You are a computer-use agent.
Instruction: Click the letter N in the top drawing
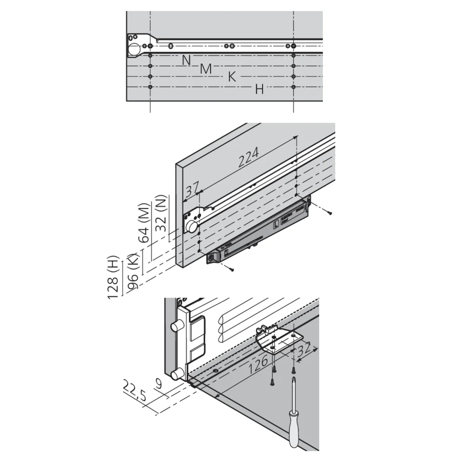[x=186, y=60]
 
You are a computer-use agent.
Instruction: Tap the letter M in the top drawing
[x=206, y=69]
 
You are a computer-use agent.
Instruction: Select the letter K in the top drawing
[x=232, y=77]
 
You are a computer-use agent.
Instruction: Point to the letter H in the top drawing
[x=259, y=89]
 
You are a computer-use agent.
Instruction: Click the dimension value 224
[x=249, y=157]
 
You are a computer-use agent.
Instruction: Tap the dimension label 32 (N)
[x=162, y=213]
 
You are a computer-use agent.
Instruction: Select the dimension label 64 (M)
[x=144, y=223]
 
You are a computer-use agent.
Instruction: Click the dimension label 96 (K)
[x=132, y=271]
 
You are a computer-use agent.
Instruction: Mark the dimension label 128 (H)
[x=113, y=277]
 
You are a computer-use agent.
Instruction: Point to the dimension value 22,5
[x=134, y=391]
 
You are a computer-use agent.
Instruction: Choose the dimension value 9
[x=159, y=384]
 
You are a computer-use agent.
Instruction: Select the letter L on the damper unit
[x=276, y=225]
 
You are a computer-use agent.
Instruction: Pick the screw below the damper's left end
[x=230, y=268]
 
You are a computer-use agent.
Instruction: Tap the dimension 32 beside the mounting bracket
[x=304, y=349]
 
